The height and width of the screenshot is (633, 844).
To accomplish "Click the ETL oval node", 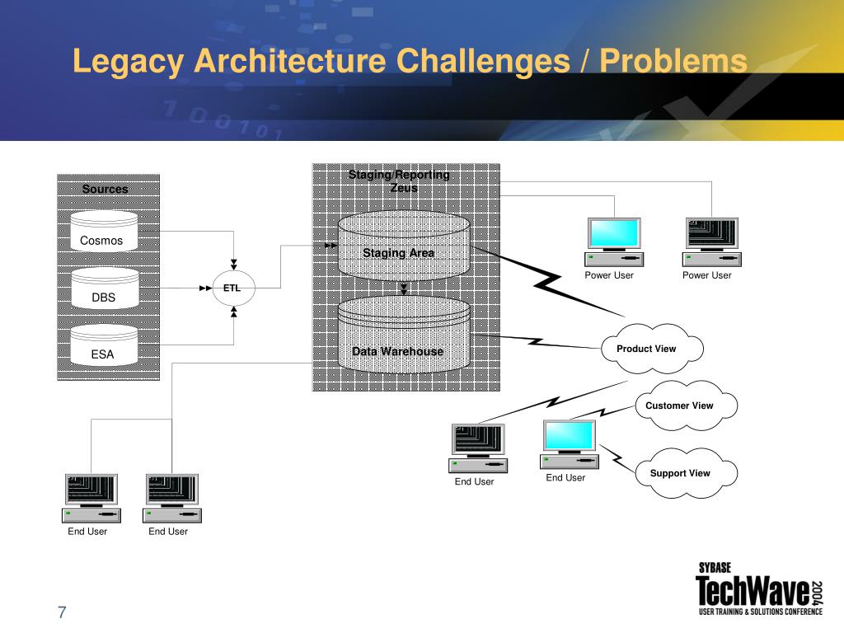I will [x=233, y=288].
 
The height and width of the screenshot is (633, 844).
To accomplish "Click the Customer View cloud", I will [x=683, y=406].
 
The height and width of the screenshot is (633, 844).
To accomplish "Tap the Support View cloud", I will [x=683, y=473].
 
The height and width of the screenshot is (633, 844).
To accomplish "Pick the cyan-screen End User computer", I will [x=568, y=444].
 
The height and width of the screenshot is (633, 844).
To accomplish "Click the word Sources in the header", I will [x=105, y=190].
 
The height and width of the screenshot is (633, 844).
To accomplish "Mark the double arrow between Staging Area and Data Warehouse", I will [x=404, y=288].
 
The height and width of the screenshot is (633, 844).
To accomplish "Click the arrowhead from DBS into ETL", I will [x=206, y=288].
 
